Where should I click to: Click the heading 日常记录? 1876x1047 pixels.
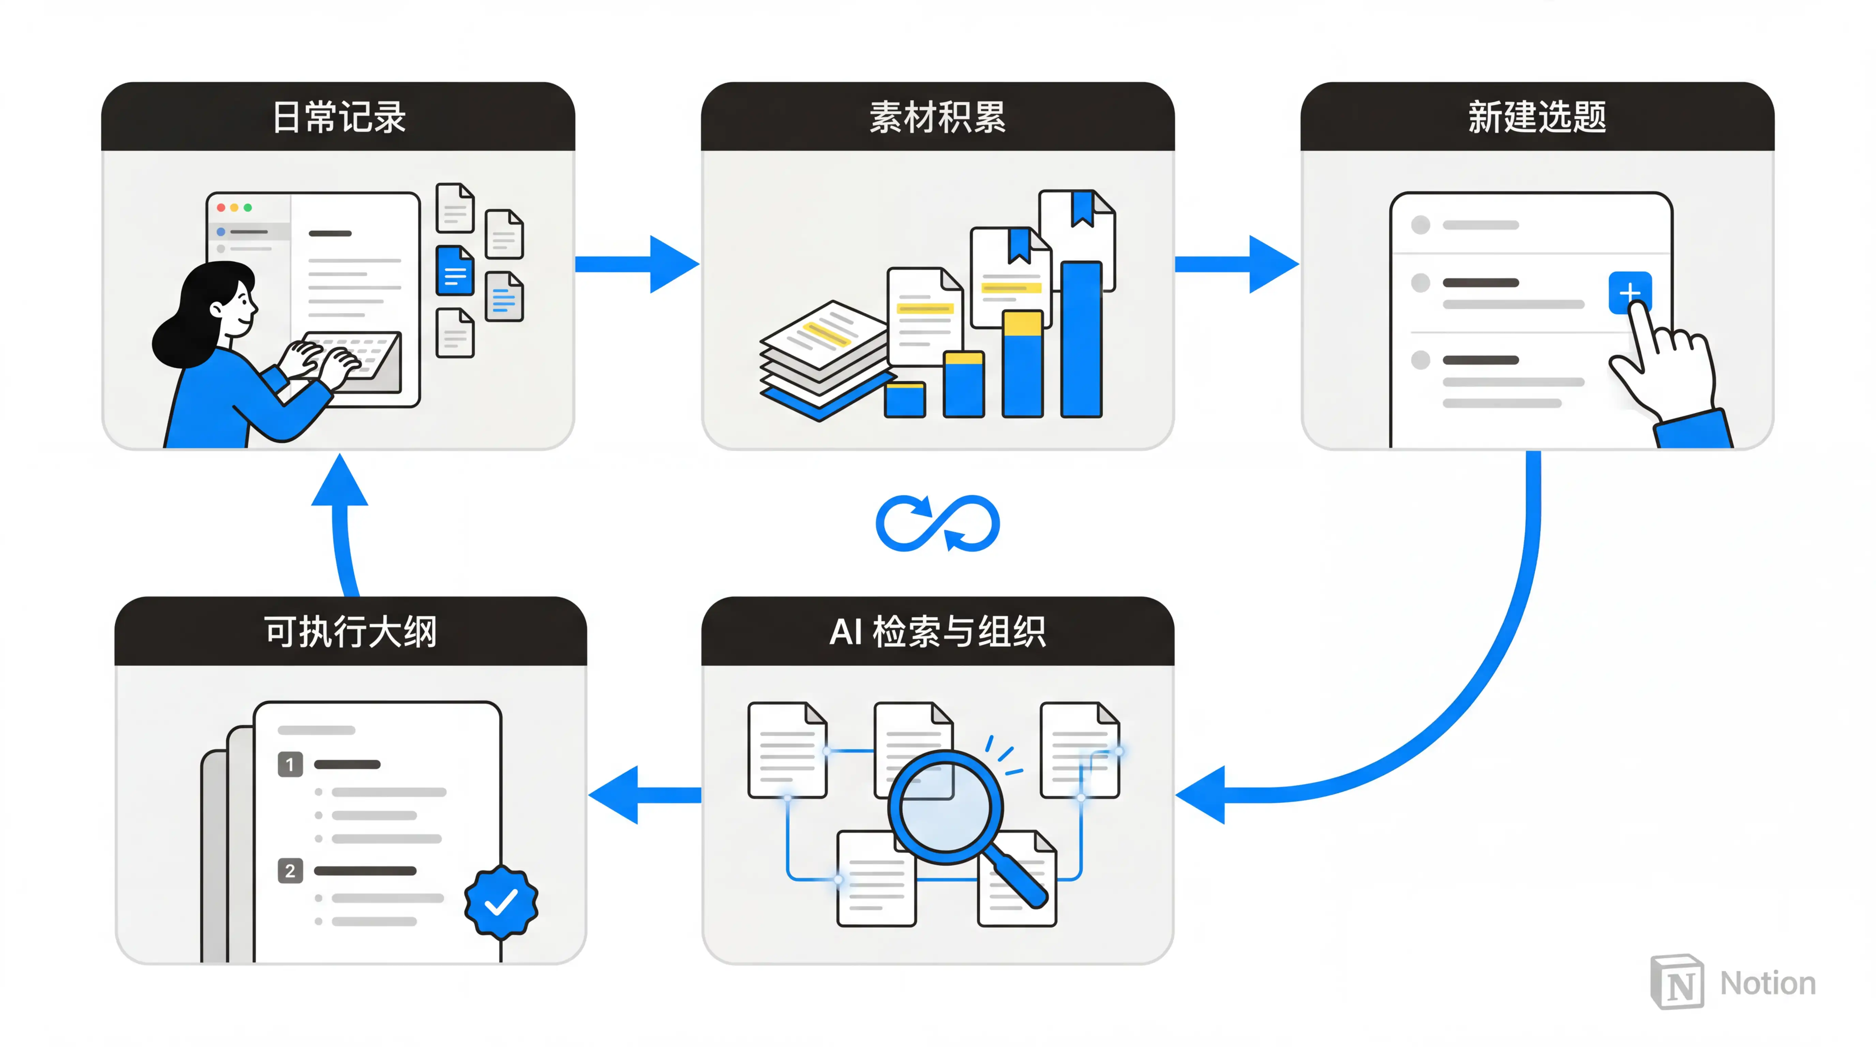[x=339, y=117]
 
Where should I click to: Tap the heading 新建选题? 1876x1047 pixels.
[x=1537, y=117]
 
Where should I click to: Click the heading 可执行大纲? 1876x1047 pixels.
[x=350, y=631]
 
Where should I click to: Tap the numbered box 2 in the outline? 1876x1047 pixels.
[x=290, y=871]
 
